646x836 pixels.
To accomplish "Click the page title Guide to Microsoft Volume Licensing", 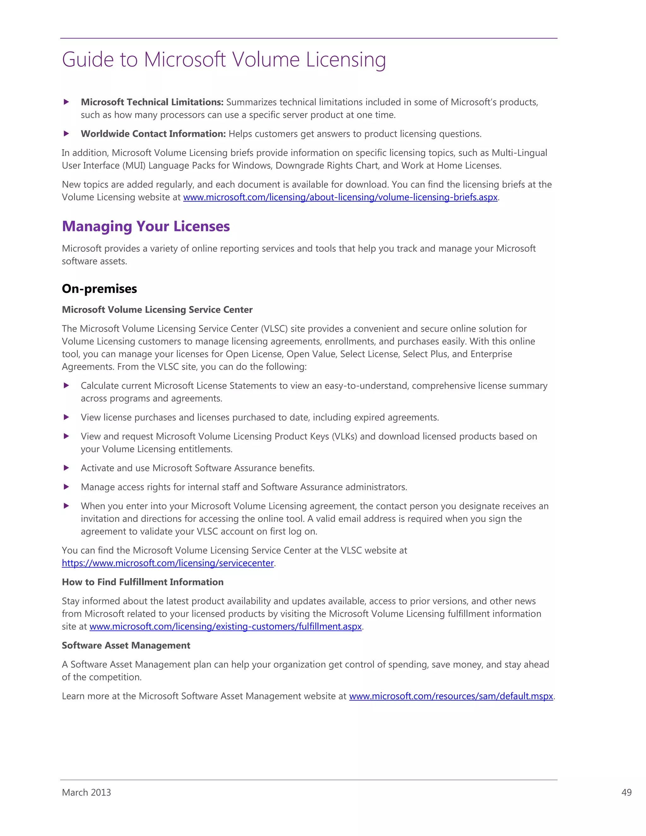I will [x=224, y=60].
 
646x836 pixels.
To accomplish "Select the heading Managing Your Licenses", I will [x=146, y=226].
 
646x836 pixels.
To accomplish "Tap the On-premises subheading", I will [x=99, y=289].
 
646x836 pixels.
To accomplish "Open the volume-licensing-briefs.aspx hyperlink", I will [x=340, y=197].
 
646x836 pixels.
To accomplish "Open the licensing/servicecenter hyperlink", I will [x=167, y=563].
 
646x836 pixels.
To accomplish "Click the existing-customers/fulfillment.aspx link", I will [x=226, y=627].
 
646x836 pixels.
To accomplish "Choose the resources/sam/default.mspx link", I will [x=451, y=696].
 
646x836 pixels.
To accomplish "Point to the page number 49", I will [x=626, y=792].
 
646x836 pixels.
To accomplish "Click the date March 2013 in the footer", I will [x=86, y=792].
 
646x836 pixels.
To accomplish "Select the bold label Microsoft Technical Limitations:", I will [x=152, y=102].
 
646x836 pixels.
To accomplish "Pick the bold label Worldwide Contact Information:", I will [x=153, y=134].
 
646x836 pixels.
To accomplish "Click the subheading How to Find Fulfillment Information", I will [x=143, y=582].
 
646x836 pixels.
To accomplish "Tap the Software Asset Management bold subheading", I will [x=126, y=645].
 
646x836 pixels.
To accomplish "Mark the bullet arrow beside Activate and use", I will [x=67, y=468].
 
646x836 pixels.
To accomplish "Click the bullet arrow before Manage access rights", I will [x=67, y=487].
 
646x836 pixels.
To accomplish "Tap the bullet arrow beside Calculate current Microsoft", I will [x=67, y=386].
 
